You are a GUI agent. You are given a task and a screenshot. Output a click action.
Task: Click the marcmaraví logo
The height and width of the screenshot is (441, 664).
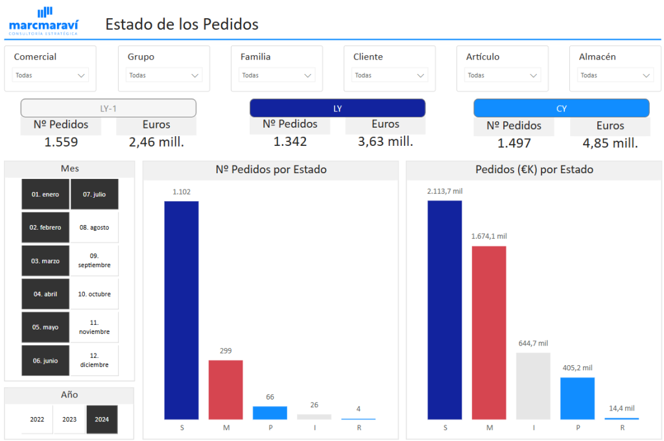[x=44, y=21]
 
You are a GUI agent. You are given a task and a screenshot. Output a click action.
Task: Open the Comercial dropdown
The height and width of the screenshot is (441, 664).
[x=51, y=75]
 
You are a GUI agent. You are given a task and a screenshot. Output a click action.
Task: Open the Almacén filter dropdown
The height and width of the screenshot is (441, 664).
[x=615, y=75]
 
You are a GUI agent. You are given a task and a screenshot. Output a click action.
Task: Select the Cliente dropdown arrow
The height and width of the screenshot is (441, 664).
[x=420, y=75]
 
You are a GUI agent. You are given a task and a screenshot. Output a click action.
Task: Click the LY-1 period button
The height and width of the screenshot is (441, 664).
[x=108, y=108]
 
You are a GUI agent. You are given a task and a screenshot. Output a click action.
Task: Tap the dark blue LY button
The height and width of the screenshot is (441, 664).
[x=337, y=108]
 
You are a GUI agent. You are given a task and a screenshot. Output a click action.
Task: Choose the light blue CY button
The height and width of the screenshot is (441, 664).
[x=562, y=108]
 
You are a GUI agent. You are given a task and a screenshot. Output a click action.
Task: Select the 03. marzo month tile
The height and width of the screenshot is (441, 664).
[x=45, y=261]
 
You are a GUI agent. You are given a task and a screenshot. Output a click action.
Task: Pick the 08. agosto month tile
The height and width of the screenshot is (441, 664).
[x=95, y=228]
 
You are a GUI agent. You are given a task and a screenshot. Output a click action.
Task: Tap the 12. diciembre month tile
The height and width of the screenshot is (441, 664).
[x=95, y=360]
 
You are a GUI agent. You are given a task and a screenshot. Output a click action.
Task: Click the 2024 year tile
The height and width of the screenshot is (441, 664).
[x=102, y=419]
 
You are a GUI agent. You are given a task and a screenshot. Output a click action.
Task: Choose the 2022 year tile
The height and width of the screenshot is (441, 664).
[x=37, y=419]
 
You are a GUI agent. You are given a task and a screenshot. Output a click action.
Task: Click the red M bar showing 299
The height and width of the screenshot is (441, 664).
[x=226, y=389]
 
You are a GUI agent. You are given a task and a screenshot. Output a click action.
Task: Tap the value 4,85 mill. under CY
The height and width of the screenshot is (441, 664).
[x=610, y=143]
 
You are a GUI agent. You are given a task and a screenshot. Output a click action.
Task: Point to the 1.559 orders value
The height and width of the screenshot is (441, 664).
[x=61, y=141]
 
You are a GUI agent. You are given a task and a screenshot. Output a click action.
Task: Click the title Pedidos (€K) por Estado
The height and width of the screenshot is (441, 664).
[x=534, y=170]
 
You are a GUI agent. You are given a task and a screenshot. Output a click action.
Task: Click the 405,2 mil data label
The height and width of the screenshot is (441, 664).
[x=577, y=368]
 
